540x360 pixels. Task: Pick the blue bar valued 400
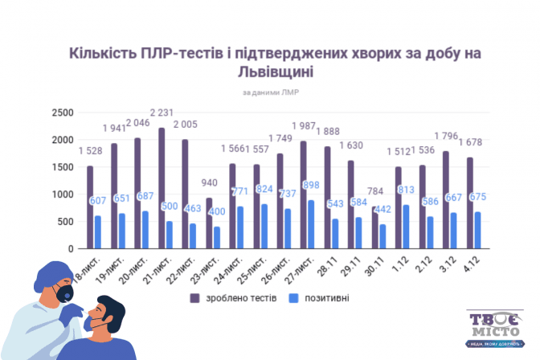217,238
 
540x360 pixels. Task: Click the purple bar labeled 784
374,228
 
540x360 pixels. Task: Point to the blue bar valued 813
406,227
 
